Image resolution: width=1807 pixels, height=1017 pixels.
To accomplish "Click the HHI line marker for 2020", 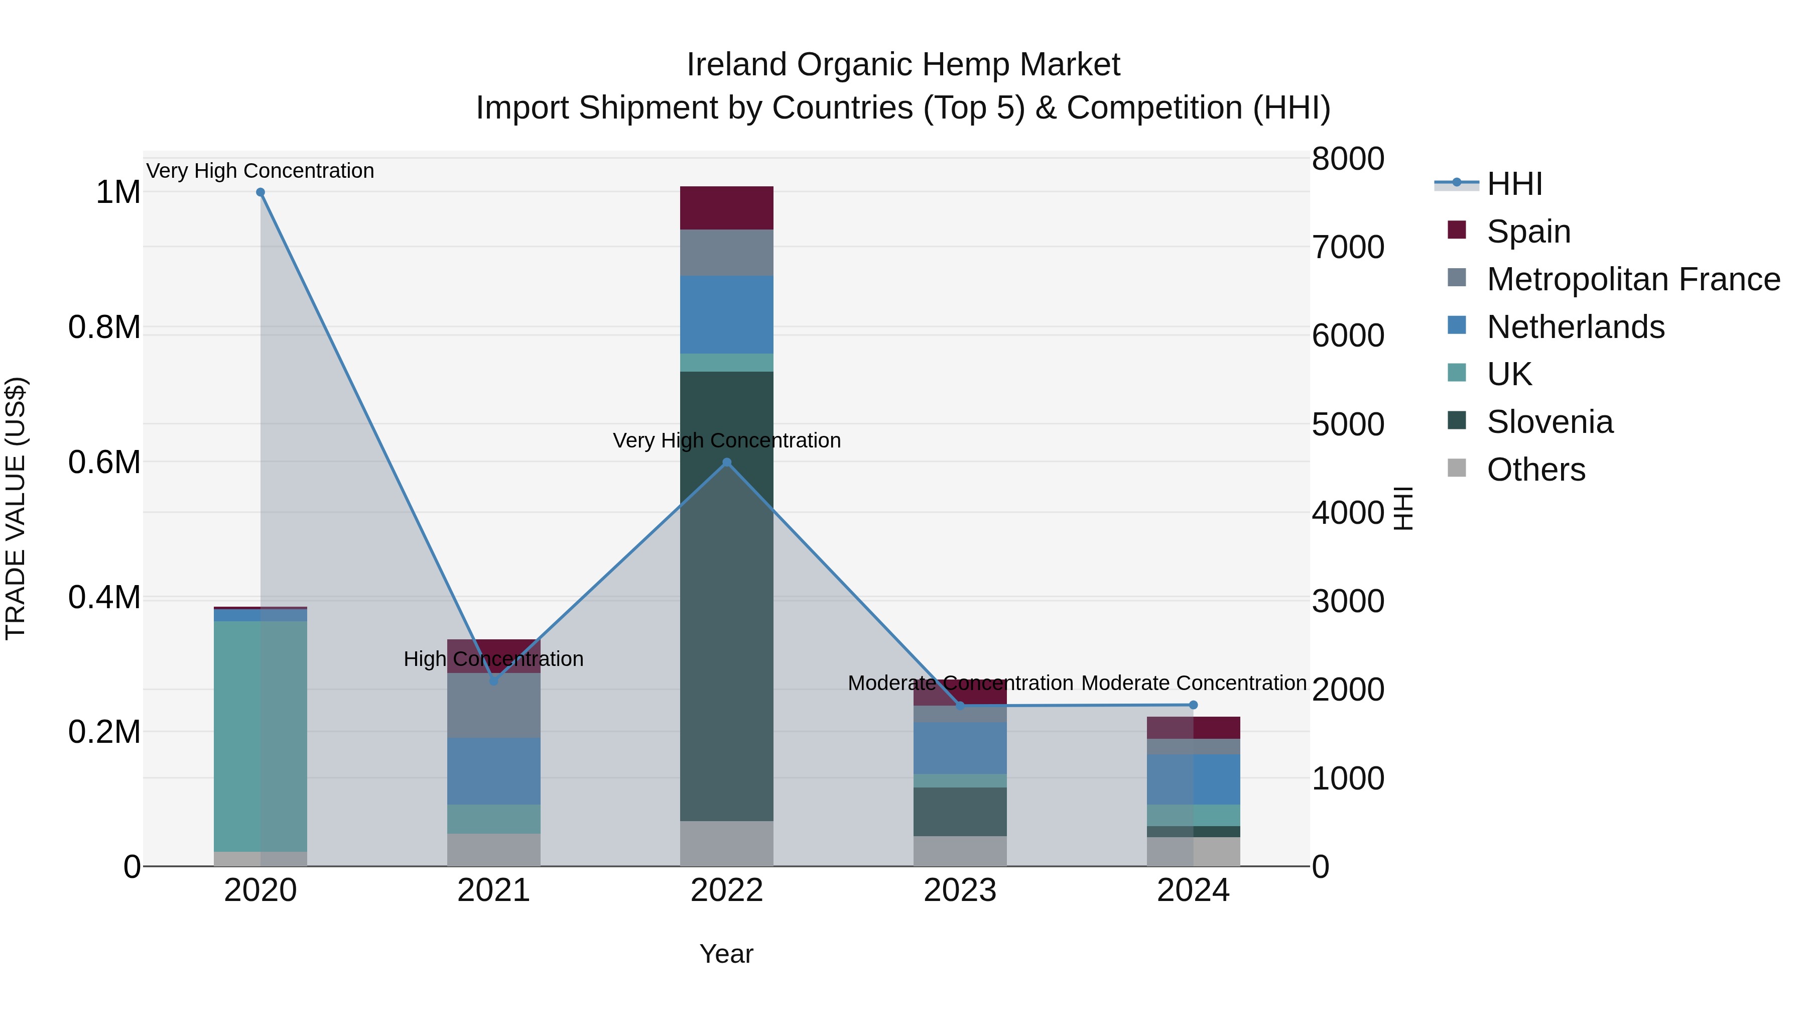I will pos(260,192).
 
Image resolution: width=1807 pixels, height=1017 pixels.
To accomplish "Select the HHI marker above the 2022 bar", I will pos(727,463).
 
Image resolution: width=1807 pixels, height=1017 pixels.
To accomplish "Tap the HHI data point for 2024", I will pos(1193,705).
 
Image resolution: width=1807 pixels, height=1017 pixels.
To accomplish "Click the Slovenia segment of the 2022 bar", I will pos(727,597).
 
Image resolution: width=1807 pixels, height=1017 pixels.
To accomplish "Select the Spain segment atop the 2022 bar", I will pos(727,208).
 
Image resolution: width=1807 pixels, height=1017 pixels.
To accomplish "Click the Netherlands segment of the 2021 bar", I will pos(494,770).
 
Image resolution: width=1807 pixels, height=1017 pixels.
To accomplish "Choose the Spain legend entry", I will pos(1528,232).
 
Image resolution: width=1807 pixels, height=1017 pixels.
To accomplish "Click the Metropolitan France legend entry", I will pos(1633,279).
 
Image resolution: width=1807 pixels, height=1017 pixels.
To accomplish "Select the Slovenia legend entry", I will pos(1550,422).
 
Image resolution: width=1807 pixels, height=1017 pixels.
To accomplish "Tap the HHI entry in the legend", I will pos(1514,184).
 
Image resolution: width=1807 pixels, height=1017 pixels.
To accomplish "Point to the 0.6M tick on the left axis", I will pos(104,463).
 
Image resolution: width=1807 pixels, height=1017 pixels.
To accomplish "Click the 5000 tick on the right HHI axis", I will pos(1348,424).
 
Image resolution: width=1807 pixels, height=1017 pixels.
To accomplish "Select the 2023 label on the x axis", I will pos(960,890).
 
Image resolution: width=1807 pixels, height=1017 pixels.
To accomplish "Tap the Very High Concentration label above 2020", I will pos(260,171).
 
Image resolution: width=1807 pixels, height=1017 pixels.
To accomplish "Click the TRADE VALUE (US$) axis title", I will pos(16,508).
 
